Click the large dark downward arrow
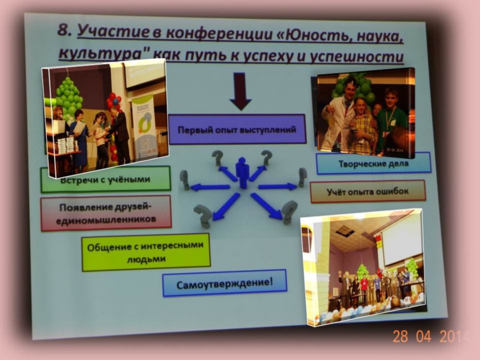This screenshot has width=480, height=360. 241,91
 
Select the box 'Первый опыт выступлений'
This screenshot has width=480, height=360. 237,129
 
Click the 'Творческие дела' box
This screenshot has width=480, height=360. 374,163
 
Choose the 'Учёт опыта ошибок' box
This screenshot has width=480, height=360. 367,191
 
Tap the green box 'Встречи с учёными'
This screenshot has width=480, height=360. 106,179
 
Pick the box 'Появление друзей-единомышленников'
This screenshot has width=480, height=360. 106,213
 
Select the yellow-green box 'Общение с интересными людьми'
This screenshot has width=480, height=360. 146,253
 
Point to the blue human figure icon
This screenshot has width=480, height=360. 242,173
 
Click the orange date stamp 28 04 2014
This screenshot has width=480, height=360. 431,336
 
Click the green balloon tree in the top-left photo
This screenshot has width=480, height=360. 70,97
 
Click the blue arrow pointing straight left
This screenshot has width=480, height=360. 210,187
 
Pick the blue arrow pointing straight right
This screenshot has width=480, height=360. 278,186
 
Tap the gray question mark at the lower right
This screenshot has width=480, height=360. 290,213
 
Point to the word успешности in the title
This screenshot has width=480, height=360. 357,57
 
